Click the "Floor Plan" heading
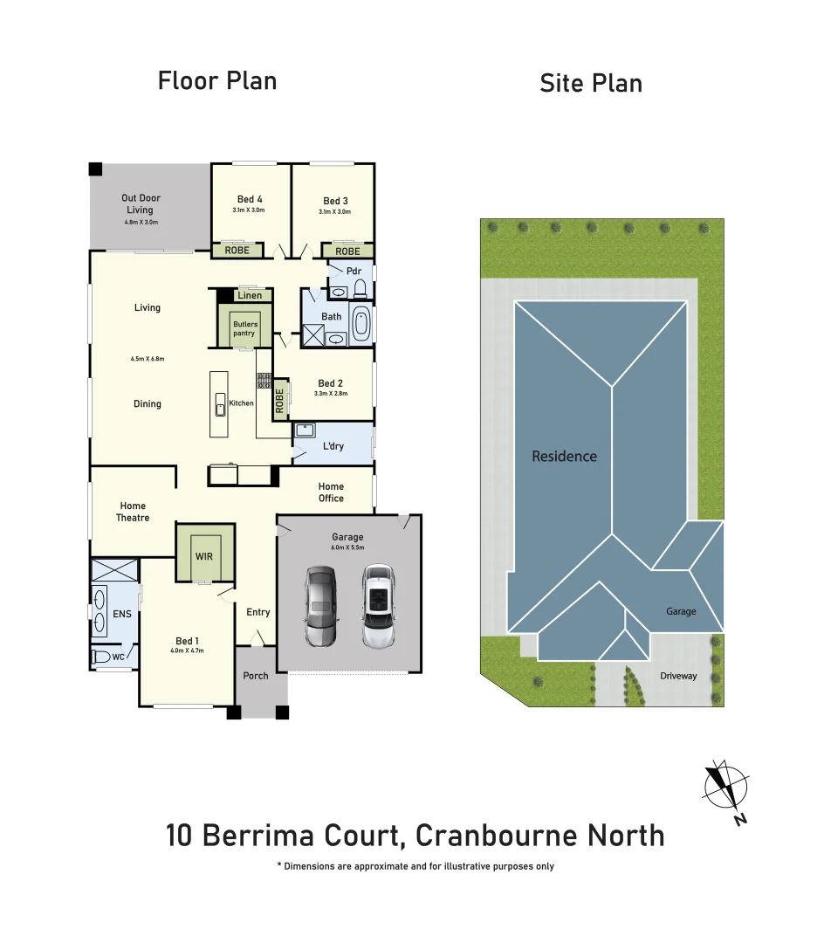[216, 81]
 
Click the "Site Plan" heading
[590, 84]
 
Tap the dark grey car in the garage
[320, 606]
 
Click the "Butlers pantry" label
[244, 328]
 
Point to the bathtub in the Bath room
[360, 323]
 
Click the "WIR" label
[203, 556]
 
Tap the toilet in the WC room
[102, 657]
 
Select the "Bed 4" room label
[249, 201]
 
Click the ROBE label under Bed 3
[347, 251]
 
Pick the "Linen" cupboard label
[250, 295]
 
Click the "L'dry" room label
[333, 446]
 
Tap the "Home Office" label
[331, 492]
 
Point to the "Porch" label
[256, 676]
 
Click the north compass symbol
[724, 785]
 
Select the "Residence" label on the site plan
[565, 456]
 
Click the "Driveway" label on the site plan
[678, 676]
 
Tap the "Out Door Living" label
[141, 203]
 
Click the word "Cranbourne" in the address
[496, 836]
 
